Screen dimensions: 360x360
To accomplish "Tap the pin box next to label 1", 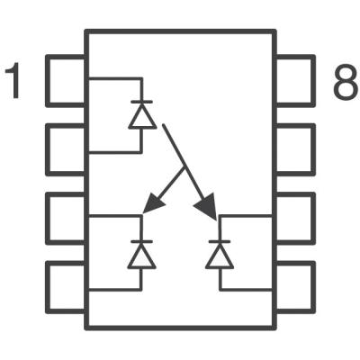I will coord(65,80).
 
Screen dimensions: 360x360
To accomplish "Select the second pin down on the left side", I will coord(65,148).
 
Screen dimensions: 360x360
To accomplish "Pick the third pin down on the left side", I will coord(65,216).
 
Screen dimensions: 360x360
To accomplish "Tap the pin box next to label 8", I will coord(295,80).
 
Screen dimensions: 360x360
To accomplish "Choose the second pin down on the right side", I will coord(295,148).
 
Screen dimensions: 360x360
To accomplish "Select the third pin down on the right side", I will coord(295,216).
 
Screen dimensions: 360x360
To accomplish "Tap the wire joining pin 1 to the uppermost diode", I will coord(112,79).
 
